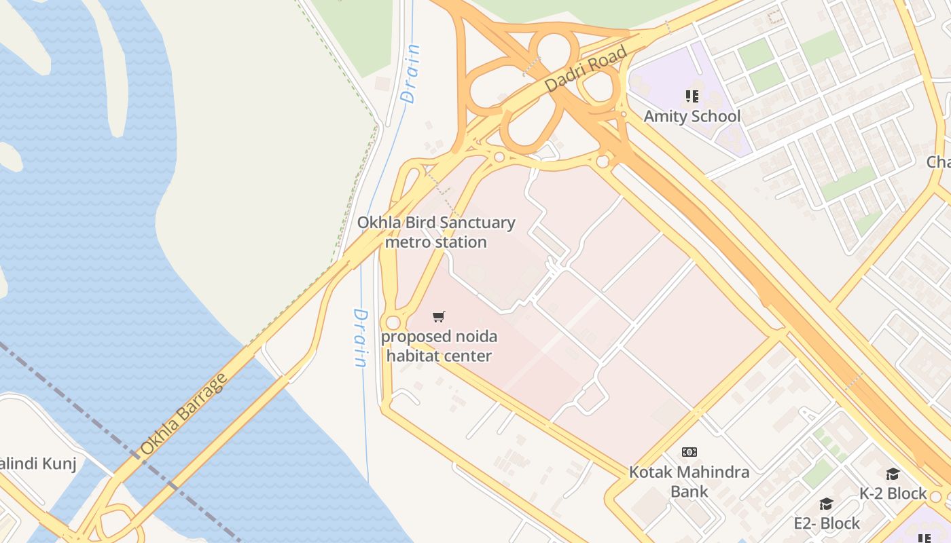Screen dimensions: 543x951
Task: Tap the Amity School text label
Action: pyautogui.click(x=692, y=116)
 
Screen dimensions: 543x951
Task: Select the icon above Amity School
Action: pyautogui.click(x=692, y=96)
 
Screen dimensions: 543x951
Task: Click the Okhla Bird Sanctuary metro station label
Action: pyautogui.click(x=436, y=232)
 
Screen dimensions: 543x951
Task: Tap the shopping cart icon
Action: pyautogui.click(x=439, y=316)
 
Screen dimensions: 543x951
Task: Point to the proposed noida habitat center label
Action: pyautogui.click(x=439, y=345)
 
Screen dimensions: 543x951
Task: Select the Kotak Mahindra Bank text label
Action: pyautogui.click(x=689, y=481)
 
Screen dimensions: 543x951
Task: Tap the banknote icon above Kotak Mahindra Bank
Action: pyautogui.click(x=689, y=452)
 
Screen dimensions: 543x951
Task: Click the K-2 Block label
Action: pyautogui.click(x=893, y=493)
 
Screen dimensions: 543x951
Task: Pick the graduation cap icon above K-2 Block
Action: pyautogui.click(x=893, y=474)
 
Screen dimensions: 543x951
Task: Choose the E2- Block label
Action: pyautogui.click(x=827, y=523)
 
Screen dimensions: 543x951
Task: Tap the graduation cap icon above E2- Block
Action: pyautogui.click(x=826, y=504)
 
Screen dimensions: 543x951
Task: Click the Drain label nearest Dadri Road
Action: pyautogui.click(x=411, y=73)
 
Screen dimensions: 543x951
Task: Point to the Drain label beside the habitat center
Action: pyautogui.click(x=360, y=338)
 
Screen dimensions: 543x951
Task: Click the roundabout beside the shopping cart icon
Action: pyautogui.click(x=393, y=322)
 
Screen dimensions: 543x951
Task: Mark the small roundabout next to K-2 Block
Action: pyautogui.click(x=935, y=497)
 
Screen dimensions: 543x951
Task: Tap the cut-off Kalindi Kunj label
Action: pyautogui.click(x=37, y=464)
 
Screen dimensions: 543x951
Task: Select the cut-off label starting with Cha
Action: pyautogui.click(x=938, y=162)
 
